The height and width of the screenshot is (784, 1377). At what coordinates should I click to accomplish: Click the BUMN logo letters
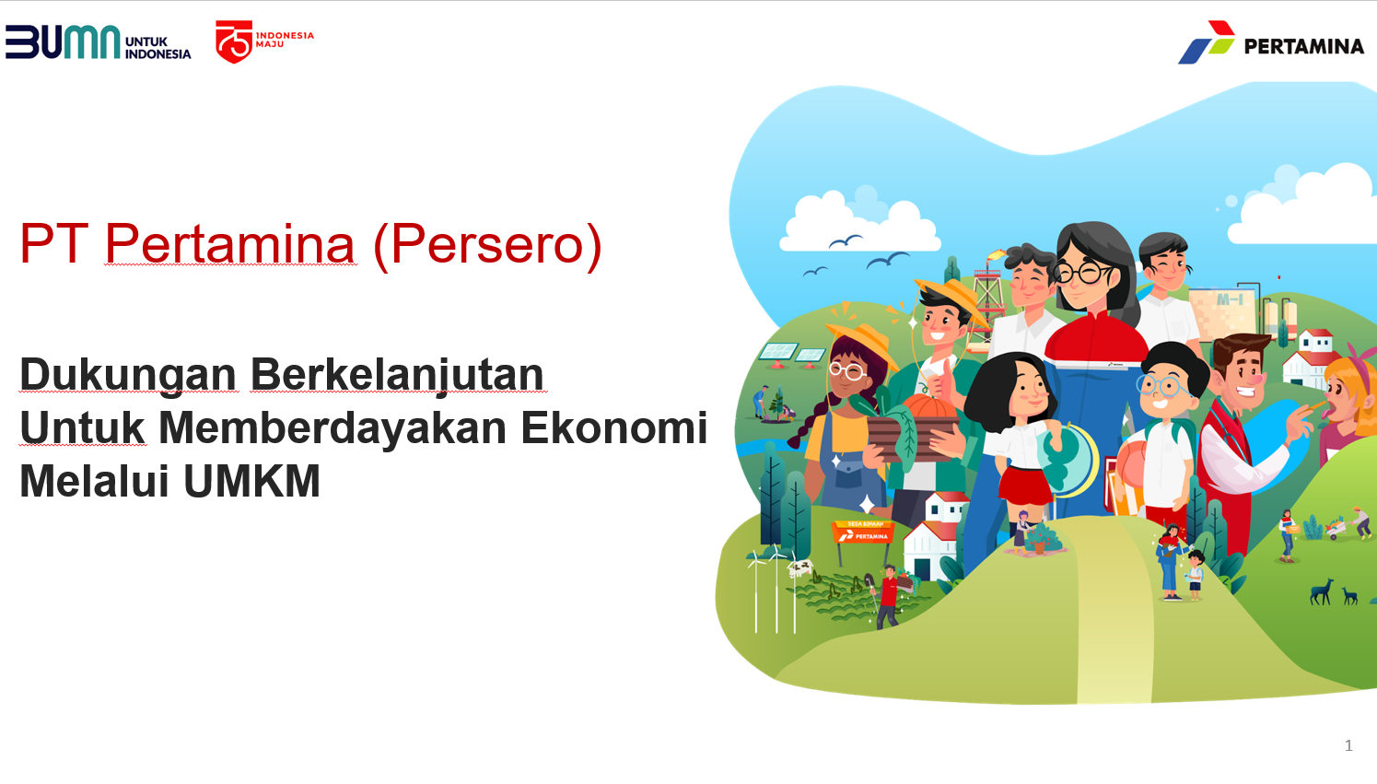63,41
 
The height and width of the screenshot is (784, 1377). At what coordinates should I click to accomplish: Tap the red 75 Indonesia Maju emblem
234,41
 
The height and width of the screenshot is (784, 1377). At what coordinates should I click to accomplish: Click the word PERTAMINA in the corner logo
1304,46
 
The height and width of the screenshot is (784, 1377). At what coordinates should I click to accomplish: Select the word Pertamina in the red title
230,244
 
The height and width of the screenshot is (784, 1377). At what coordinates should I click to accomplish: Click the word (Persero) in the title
487,245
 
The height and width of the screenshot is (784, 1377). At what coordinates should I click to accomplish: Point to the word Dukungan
128,374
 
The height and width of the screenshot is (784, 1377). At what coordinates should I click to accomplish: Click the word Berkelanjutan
397,376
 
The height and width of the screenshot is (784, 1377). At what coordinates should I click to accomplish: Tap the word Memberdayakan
333,427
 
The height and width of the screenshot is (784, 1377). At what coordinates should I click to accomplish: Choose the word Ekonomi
614,427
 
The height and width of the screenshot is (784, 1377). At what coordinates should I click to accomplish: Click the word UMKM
251,481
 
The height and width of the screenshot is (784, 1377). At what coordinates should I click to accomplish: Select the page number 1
1348,746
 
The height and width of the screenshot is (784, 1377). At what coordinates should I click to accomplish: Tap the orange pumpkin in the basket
928,407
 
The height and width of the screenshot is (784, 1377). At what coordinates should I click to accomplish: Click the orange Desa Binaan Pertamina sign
862,532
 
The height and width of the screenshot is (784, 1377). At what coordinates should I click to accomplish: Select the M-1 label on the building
1230,299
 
